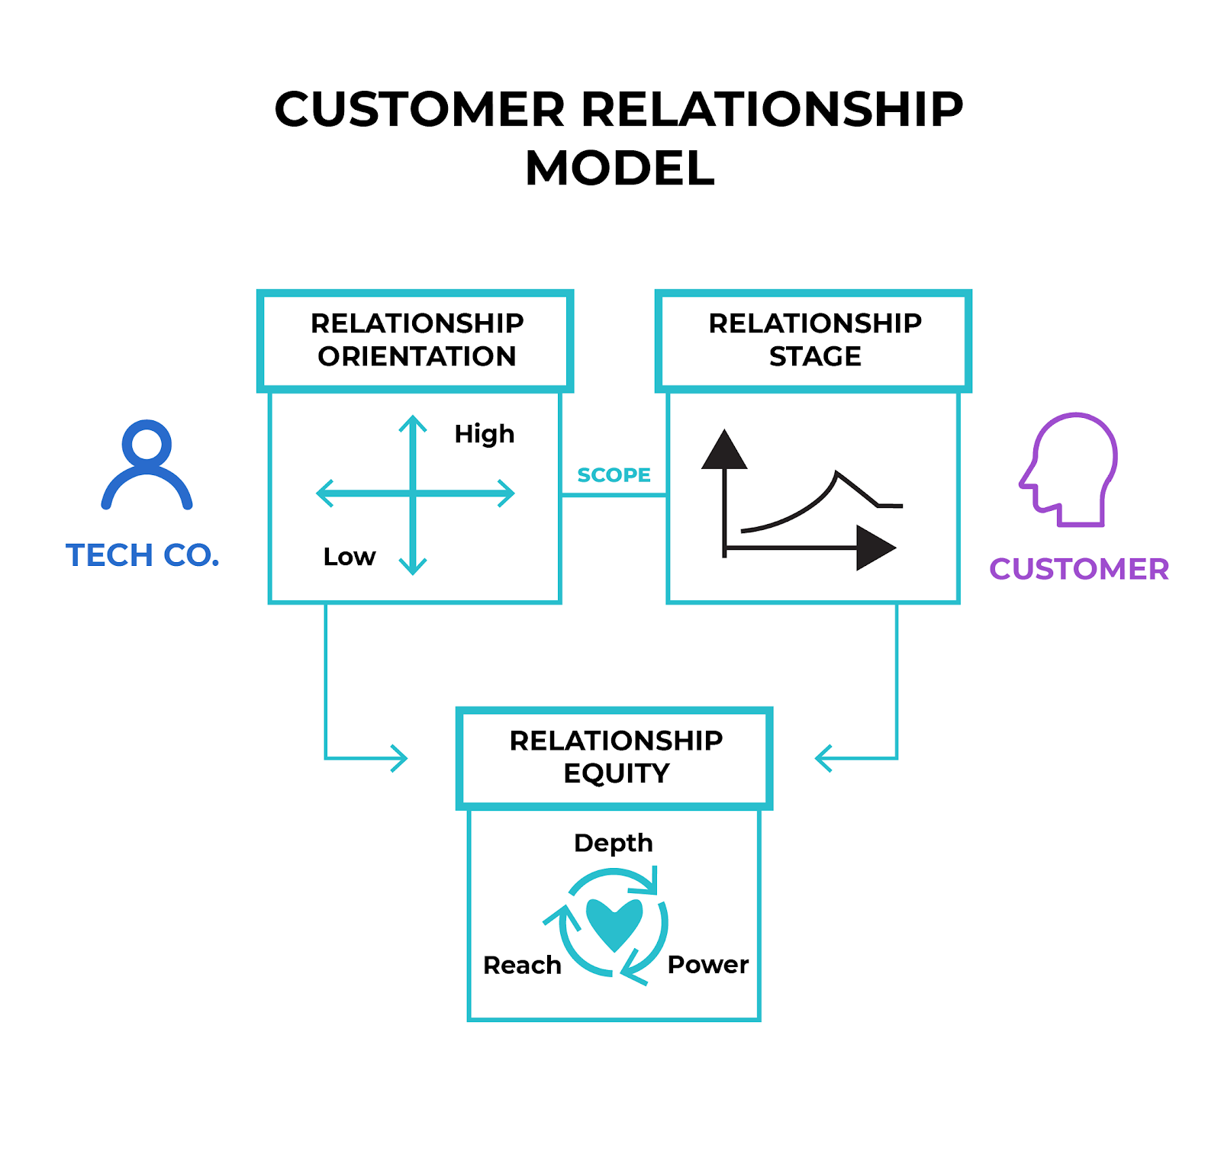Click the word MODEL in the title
pyautogui.click(x=620, y=169)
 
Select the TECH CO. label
pyautogui.click(x=143, y=555)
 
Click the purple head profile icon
pyautogui.click(x=1069, y=469)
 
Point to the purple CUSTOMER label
pyautogui.click(x=1078, y=569)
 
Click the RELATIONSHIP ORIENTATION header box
pyautogui.click(x=416, y=340)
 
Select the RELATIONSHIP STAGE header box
pyautogui.click(x=813, y=340)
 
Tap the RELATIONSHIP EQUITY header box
pyautogui.click(x=615, y=757)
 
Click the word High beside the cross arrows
pyautogui.click(x=484, y=434)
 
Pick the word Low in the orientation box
pyautogui.click(x=349, y=557)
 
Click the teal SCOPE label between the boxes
pyautogui.click(x=614, y=475)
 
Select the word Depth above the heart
pyautogui.click(x=613, y=843)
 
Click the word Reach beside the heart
pyautogui.click(x=522, y=966)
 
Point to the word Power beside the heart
pyautogui.click(x=707, y=965)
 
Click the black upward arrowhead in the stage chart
pyautogui.click(x=724, y=451)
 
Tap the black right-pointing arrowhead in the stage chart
pyautogui.click(x=874, y=548)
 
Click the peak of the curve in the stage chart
pyautogui.click(x=837, y=474)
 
